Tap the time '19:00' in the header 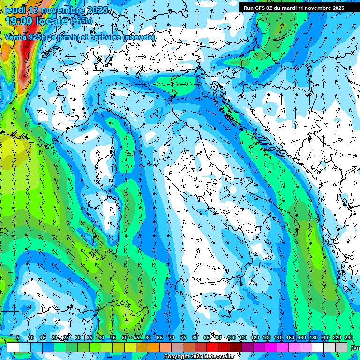click(21, 21)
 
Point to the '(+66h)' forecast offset click(82, 21)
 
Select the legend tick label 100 click(231, 338)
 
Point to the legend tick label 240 click(349, 338)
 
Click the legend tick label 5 click(18, 338)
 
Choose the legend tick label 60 click(148, 338)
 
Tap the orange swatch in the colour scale click(154, 347)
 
